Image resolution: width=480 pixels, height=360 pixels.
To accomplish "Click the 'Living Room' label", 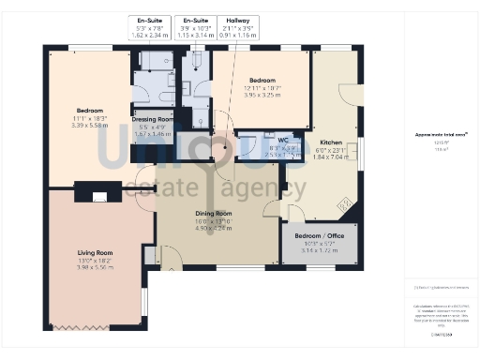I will point(95,252).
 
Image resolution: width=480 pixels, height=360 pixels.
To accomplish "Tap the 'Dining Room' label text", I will point(213,213).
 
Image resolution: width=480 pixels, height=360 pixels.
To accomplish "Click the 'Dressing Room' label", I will point(152,120).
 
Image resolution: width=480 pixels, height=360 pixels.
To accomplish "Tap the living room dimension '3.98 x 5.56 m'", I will point(95,267).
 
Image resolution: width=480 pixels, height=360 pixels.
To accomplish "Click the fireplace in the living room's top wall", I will point(98,196).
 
